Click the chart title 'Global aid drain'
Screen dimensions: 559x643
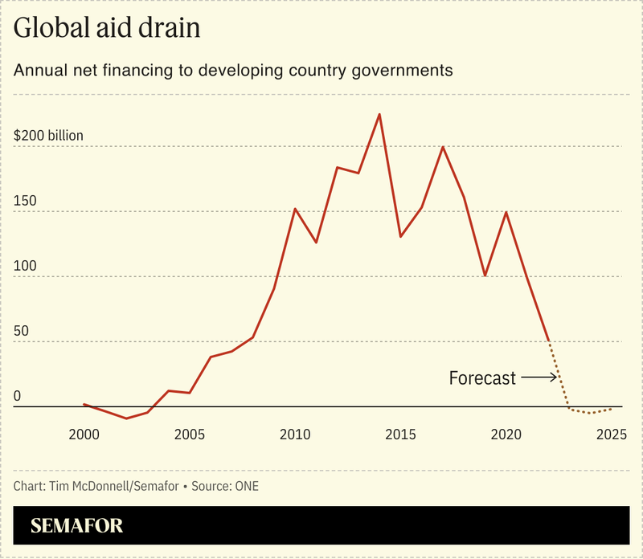(x=107, y=30)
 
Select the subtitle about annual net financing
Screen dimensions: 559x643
(x=233, y=71)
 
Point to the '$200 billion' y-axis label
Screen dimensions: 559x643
(x=48, y=136)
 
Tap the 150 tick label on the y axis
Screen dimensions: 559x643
(x=24, y=201)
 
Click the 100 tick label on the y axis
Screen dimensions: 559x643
(x=24, y=266)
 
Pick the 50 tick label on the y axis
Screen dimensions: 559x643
(x=22, y=331)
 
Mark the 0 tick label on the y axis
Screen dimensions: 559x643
(x=18, y=396)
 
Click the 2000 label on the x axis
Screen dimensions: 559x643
(x=84, y=435)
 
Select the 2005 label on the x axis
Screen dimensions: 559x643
(x=190, y=435)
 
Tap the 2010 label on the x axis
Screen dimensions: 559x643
(x=295, y=435)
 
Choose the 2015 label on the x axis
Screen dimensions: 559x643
(x=400, y=435)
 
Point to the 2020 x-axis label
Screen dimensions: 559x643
(x=506, y=435)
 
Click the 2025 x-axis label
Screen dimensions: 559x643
(x=612, y=435)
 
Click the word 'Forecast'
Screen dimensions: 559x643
(x=482, y=377)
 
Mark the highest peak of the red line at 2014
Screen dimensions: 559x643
(x=379, y=114)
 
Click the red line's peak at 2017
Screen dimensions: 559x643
(x=443, y=147)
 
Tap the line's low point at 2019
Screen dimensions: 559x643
(x=485, y=275)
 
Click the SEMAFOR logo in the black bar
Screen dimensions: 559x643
(x=77, y=527)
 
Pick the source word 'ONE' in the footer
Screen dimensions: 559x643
(x=246, y=486)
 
